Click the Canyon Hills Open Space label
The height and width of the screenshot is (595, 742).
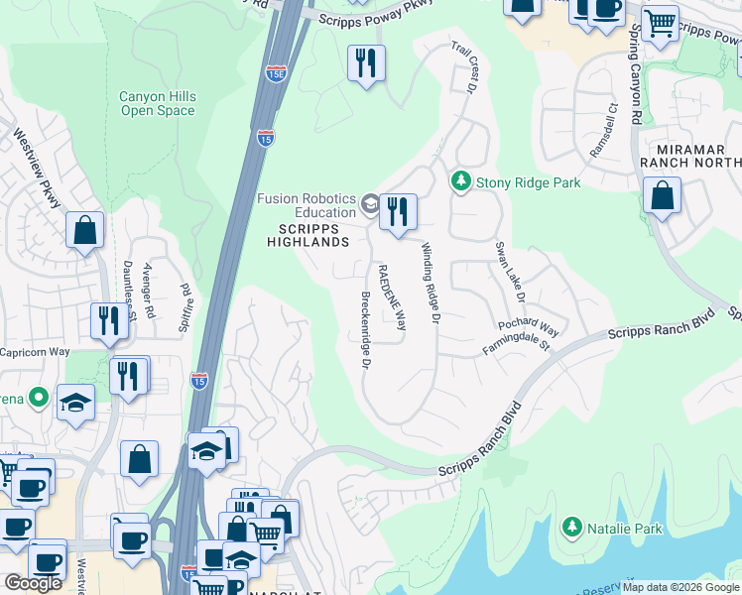tap(158, 103)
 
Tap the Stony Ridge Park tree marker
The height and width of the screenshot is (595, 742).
tap(460, 181)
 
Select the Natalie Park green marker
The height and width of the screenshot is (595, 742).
tap(571, 529)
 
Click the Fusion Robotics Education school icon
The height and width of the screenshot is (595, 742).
tap(370, 205)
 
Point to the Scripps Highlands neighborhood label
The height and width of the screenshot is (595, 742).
tap(308, 234)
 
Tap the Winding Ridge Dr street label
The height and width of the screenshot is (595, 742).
tap(430, 283)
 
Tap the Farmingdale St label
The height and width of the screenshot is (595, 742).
tap(516, 343)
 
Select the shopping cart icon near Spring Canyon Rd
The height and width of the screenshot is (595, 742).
tap(659, 23)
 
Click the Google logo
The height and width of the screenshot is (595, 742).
tap(33, 583)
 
